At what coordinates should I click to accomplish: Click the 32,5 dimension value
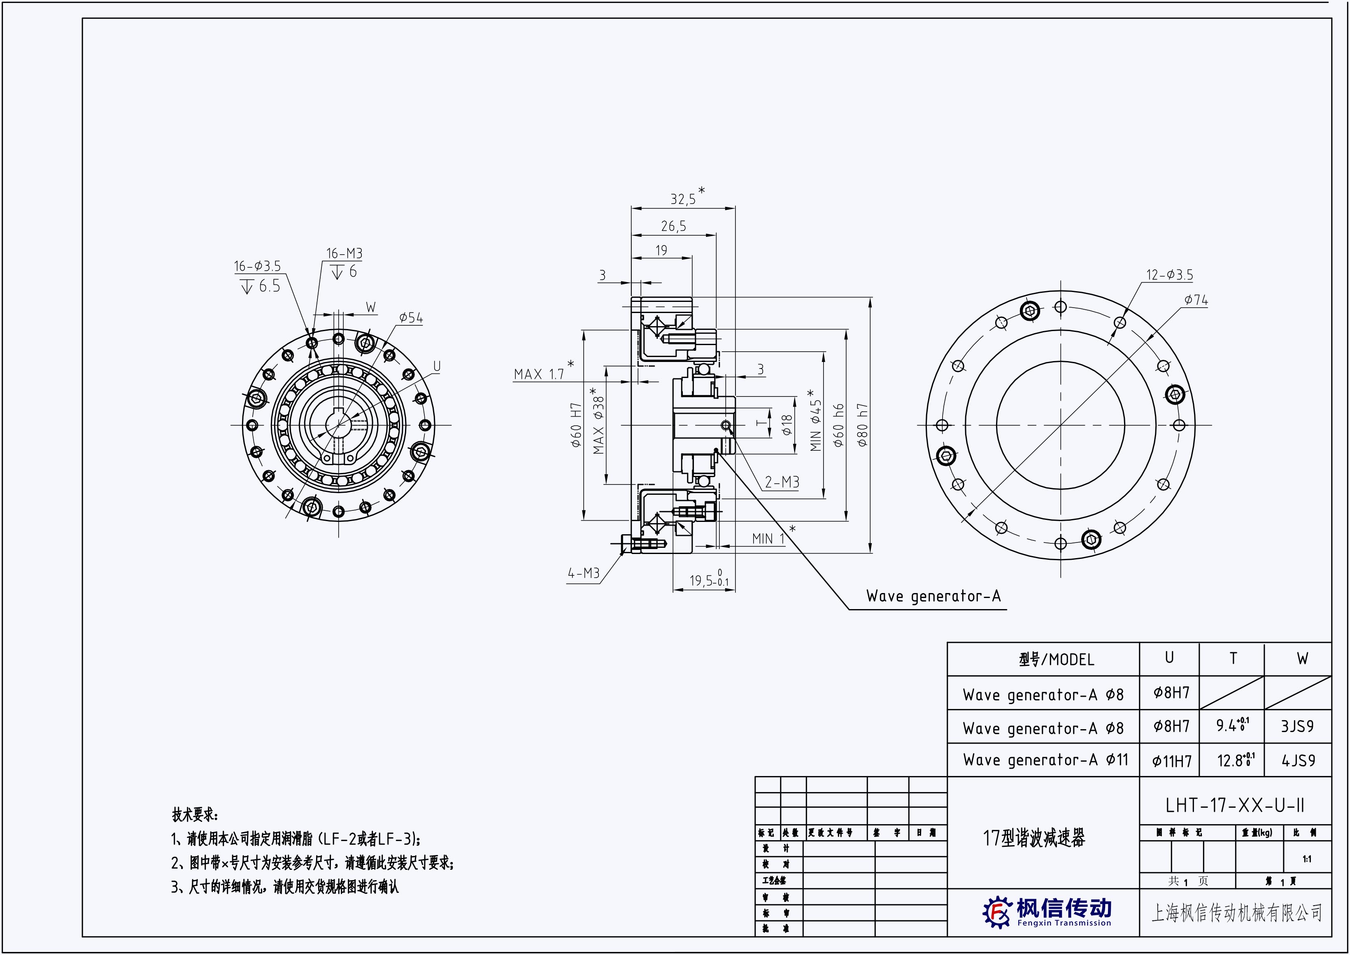(x=683, y=199)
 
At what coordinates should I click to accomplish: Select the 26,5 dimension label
(x=673, y=226)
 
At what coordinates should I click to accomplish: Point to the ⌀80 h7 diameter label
(x=863, y=424)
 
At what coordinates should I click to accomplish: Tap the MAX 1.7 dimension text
(x=539, y=374)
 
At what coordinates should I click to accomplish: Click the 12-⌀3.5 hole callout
(x=1169, y=275)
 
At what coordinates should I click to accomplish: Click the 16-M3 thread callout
(x=344, y=253)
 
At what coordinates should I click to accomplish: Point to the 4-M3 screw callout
(x=583, y=573)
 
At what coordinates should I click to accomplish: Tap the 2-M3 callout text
(x=782, y=482)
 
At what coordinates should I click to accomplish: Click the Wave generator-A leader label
(x=933, y=596)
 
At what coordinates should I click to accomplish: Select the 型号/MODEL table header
(x=1057, y=660)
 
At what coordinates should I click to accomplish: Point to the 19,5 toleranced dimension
(x=708, y=580)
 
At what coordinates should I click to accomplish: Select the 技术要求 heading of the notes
(x=195, y=815)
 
